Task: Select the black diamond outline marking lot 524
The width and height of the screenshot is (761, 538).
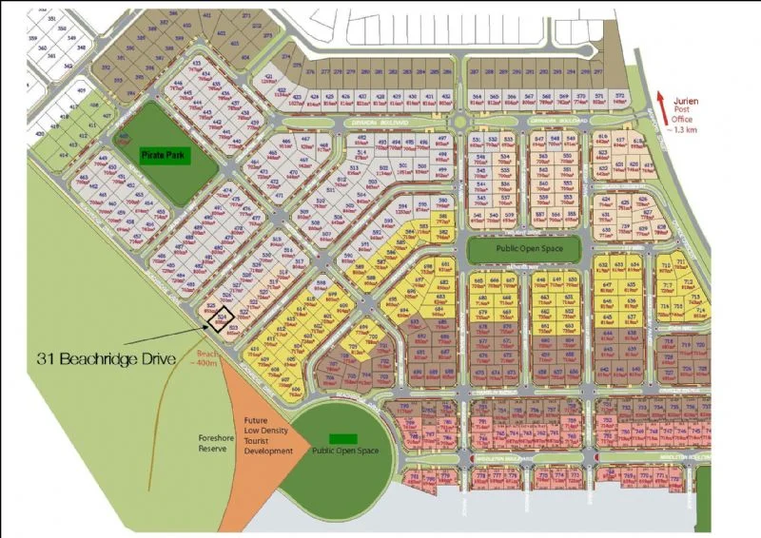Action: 224,317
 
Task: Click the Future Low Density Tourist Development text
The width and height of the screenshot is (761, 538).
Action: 267,436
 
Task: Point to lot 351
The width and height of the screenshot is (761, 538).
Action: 36,18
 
